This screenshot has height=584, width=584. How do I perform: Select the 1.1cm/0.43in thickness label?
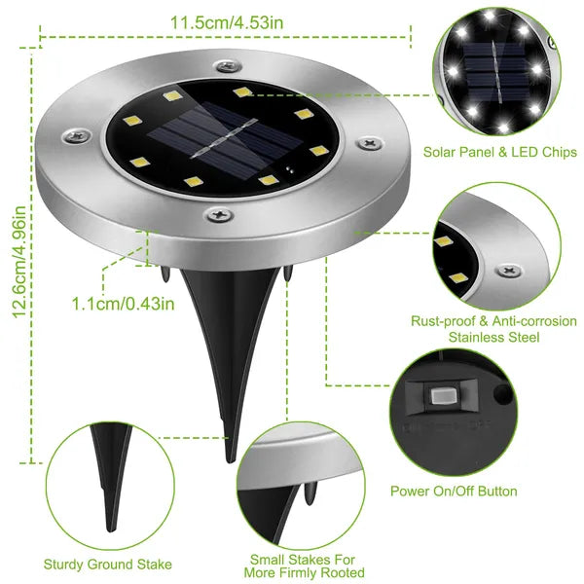point(123,303)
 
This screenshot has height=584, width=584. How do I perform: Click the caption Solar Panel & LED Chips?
point(499,154)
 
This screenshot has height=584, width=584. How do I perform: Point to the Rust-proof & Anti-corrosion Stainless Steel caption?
point(494,329)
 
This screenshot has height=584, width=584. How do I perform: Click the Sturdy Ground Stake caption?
point(108,564)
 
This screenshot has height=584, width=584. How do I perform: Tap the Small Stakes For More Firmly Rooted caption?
point(307,566)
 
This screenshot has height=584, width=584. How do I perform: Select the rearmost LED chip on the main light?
point(238,91)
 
